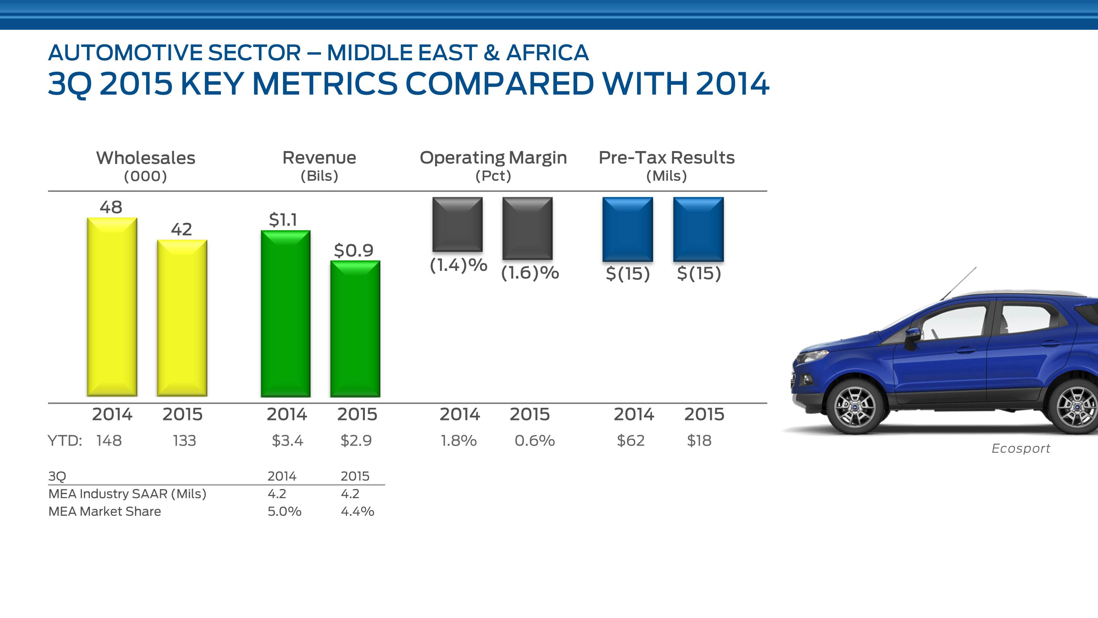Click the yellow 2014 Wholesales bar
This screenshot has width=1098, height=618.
point(112,307)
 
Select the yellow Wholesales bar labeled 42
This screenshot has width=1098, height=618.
point(182,318)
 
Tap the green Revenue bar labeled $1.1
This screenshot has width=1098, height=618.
point(286,314)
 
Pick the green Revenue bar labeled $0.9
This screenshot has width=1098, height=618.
point(355,328)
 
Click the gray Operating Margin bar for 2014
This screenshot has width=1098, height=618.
point(457,224)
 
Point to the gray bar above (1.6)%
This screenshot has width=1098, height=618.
point(527,228)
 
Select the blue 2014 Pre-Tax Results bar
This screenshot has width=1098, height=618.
point(628,229)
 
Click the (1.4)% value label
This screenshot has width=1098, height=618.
point(458,265)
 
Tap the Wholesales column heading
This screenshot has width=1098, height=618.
point(145,158)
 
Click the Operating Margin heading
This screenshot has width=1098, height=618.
point(493,158)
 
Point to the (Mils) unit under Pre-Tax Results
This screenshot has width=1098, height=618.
point(667,176)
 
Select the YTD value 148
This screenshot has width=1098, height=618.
point(109,440)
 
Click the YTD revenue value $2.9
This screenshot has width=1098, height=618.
point(356,440)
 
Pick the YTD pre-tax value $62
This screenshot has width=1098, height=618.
point(631,440)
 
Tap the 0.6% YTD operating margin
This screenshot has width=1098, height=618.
point(535,440)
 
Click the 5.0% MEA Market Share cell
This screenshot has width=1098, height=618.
point(284,511)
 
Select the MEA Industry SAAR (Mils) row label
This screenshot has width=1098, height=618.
point(127,494)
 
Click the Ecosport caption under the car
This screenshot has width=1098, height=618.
point(1021,448)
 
